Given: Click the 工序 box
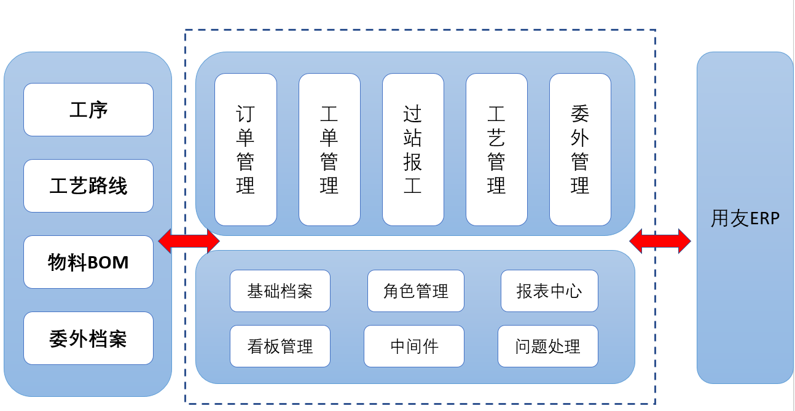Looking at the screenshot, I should tap(88, 110).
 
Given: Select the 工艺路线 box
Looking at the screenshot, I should tap(88, 186).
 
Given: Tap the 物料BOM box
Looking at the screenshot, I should tap(88, 262).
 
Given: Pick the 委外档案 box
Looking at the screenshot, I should tap(88, 339).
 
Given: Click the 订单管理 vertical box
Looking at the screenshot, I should tap(246, 149).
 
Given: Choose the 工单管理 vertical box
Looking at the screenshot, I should tap(329, 149).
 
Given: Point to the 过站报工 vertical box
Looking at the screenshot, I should tap(413, 149).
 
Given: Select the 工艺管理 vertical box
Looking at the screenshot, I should tap(496, 149).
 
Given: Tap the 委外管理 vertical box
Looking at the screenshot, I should tap(580, 149).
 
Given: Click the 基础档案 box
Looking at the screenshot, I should tap(280, 291).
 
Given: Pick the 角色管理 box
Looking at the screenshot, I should tap(416, 291).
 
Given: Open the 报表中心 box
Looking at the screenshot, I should tap(549, 291).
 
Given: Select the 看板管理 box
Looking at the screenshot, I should tap(280, 346).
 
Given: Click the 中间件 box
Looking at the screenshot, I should tap(414, 346).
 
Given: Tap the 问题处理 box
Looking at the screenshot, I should tap(548, 346).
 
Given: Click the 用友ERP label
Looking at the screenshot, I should tap(745, 219).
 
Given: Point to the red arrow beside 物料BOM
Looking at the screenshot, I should tap(189, 241).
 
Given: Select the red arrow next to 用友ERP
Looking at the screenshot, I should tap(660, 241).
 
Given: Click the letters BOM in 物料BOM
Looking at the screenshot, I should tap(108, 263).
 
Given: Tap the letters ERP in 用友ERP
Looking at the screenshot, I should tap(762, 219).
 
